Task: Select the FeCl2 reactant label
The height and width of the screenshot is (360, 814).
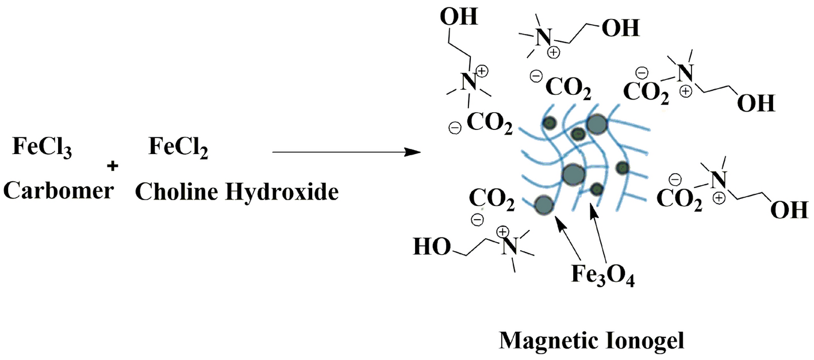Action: pos(178,150)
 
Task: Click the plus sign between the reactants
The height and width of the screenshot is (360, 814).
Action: pos(112,166)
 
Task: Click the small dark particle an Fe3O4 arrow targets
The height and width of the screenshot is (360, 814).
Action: pos(597,189)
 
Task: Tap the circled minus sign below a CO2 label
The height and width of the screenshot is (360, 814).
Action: pos(478,219)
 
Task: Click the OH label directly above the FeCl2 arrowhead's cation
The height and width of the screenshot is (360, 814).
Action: pos(459,17)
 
